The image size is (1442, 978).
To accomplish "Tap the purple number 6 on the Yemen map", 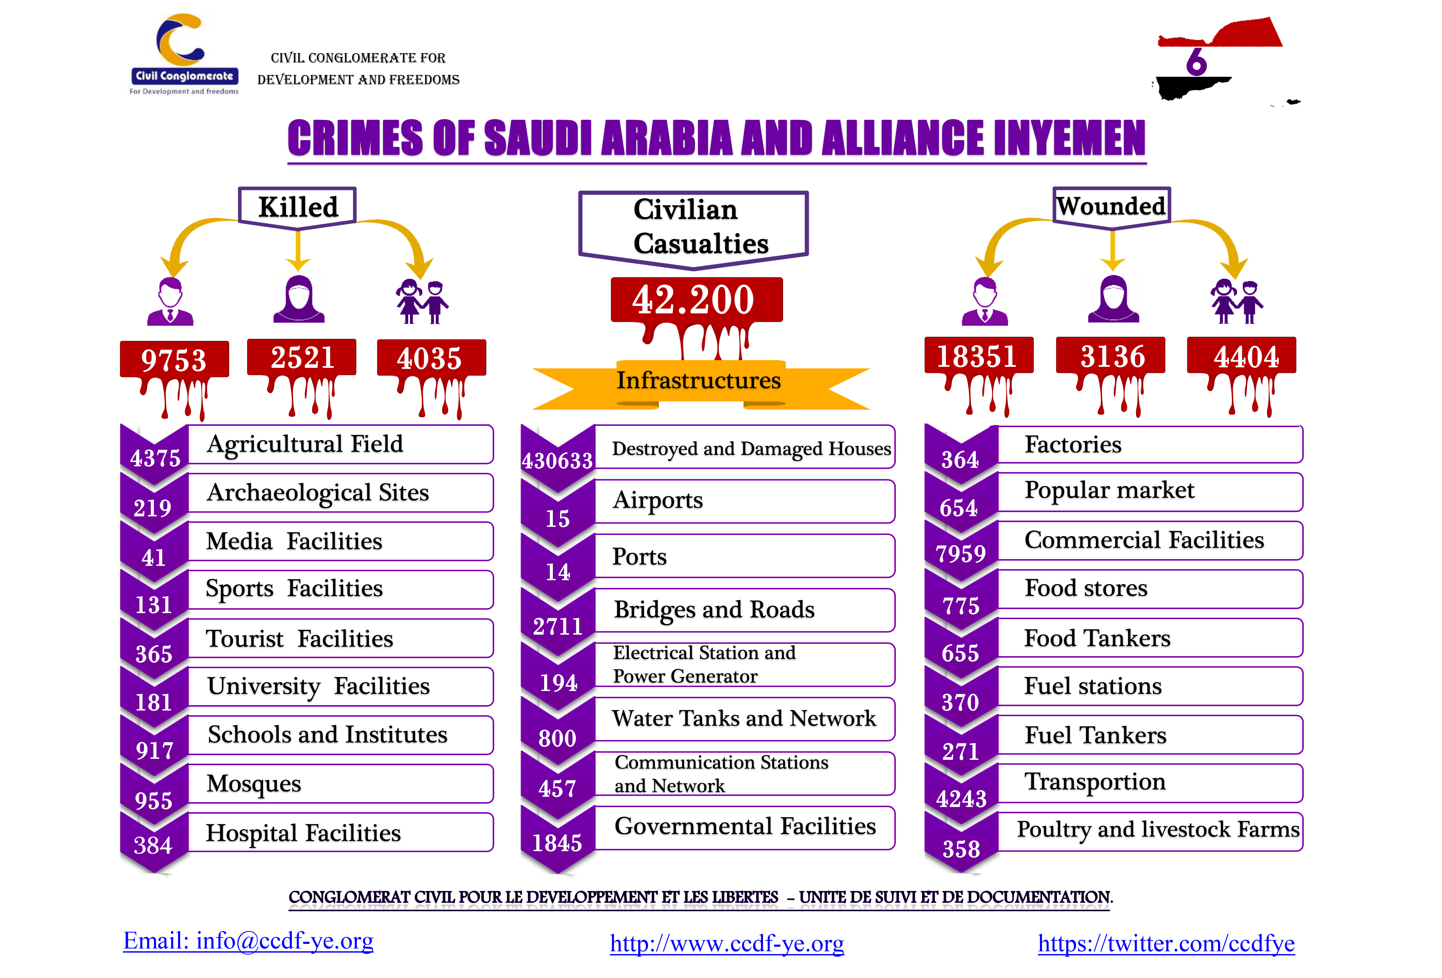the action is tap(1196, 62).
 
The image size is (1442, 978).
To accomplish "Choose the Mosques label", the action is tap(254, 783).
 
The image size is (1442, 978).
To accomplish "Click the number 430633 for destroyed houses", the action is tap(557, 460).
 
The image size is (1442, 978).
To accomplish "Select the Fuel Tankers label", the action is tap(1095, 735).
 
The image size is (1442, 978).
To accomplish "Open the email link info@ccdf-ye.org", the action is tap(248, 941).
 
